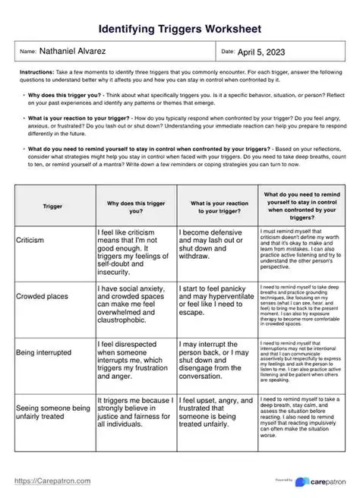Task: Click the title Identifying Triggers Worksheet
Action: (180, 29)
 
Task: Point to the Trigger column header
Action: (53, 205)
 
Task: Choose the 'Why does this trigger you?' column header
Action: (135, 205)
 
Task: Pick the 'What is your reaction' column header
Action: (216, 205)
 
